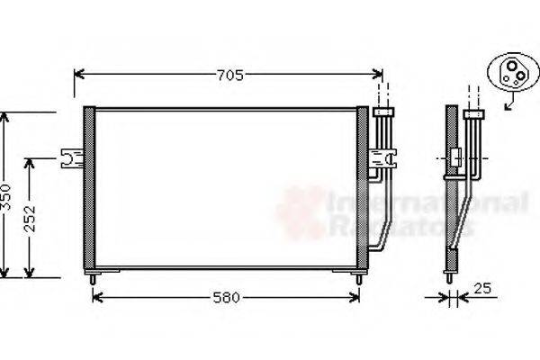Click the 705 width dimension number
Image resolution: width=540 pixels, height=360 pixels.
click(229, 76)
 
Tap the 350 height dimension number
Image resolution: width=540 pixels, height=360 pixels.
click(6, 196)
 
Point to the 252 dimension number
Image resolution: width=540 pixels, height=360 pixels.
click(31, 219)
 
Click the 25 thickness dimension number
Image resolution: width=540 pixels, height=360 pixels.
click(483, 289)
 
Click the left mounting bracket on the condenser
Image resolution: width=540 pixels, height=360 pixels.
click(70, 159)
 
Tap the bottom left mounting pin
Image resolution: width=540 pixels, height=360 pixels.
click(93, 278)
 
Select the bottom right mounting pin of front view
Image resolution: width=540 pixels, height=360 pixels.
click(360, 278)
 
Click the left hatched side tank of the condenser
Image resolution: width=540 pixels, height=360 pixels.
click(88, 189)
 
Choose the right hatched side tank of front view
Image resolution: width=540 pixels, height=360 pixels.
click(363, 189)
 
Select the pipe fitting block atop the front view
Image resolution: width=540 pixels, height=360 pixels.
click(384, 112)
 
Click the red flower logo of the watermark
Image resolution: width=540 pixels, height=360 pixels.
click(301, 212)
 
